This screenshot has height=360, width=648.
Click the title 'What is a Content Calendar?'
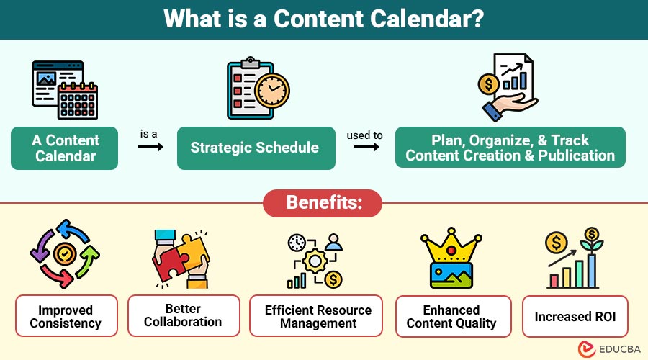(x=323, y=19)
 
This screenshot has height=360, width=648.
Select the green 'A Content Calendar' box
(x=65, y=148)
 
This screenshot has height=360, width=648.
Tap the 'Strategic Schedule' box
(x=255, y=148)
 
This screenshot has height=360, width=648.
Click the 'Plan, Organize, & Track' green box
(x=510, y=148)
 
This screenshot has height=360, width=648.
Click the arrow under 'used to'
(x=366, y=147)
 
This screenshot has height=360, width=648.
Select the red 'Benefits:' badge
(x=323, y=203)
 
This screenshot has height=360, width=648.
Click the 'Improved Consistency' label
(x=66, y=316)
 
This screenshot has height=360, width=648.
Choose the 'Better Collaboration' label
(x=184, y=315)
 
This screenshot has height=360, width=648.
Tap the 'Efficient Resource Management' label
(x=318, y=316)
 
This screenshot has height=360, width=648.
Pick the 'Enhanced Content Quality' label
(x=452, y=316)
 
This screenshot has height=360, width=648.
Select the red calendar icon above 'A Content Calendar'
(x=77, y=99)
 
